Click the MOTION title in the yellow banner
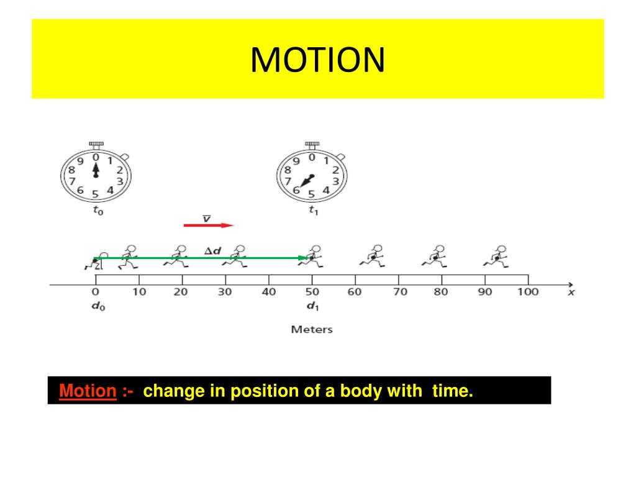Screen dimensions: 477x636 pos(317,60)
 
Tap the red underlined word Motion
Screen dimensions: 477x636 pos(88,391)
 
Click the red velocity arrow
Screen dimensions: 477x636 pos(208,225)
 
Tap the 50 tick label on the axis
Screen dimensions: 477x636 pos(312,292)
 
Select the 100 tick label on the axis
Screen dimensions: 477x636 pos(528,292)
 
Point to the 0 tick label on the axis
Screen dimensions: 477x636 pos(95,292)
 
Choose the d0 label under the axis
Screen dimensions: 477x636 pos(98,307)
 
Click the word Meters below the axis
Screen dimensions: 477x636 pos(312,329)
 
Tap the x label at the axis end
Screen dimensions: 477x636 pos(571,292)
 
